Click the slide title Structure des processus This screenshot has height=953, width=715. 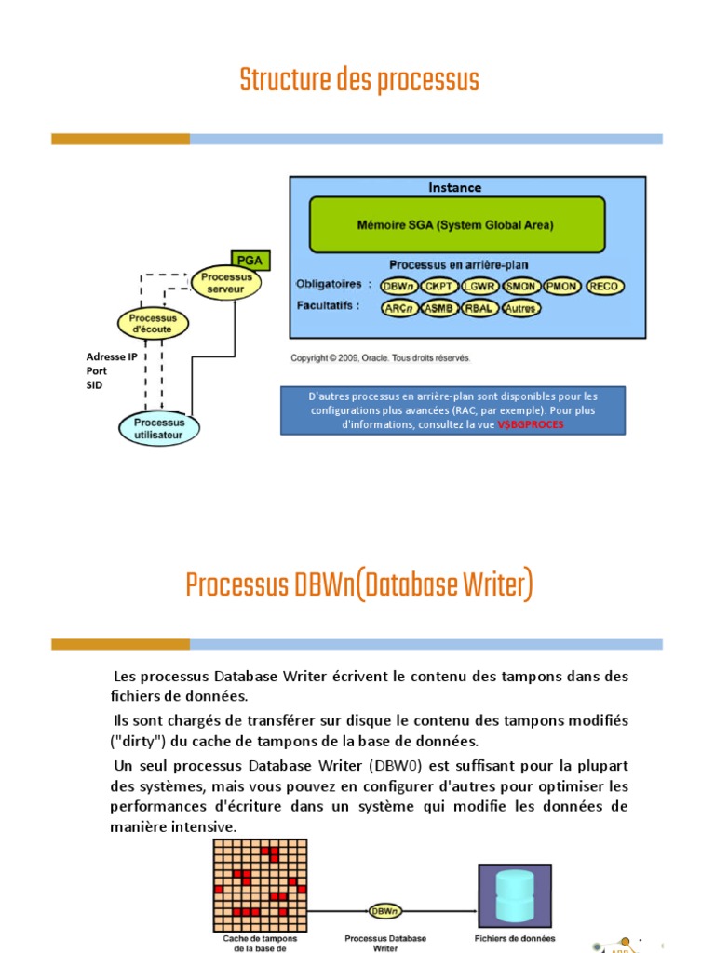(x=359, y=81)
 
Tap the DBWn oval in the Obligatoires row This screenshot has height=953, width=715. (x=398, y=287)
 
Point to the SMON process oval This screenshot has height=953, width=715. (x=522, y=287)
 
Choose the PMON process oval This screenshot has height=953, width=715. (x=563, y=287)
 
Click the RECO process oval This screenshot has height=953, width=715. (x=605, y=287)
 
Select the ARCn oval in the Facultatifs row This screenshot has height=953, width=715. (x=398, y=308)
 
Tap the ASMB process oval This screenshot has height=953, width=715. (x=440, y=308)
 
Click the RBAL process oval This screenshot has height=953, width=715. (x=480, y=308)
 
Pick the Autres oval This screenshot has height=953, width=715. (x=521, y=308)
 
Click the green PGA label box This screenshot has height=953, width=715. (x=250, y=261)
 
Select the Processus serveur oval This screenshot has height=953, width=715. (x=226, y=283)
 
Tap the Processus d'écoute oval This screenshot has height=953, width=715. (x=153, y=324)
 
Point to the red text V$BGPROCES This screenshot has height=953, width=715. (x=531, y=424)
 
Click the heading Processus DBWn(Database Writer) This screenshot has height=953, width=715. (x=359, y=586)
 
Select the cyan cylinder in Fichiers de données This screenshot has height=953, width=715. (x=516, y=894)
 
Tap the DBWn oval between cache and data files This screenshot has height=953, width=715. (x=384, y=910)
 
